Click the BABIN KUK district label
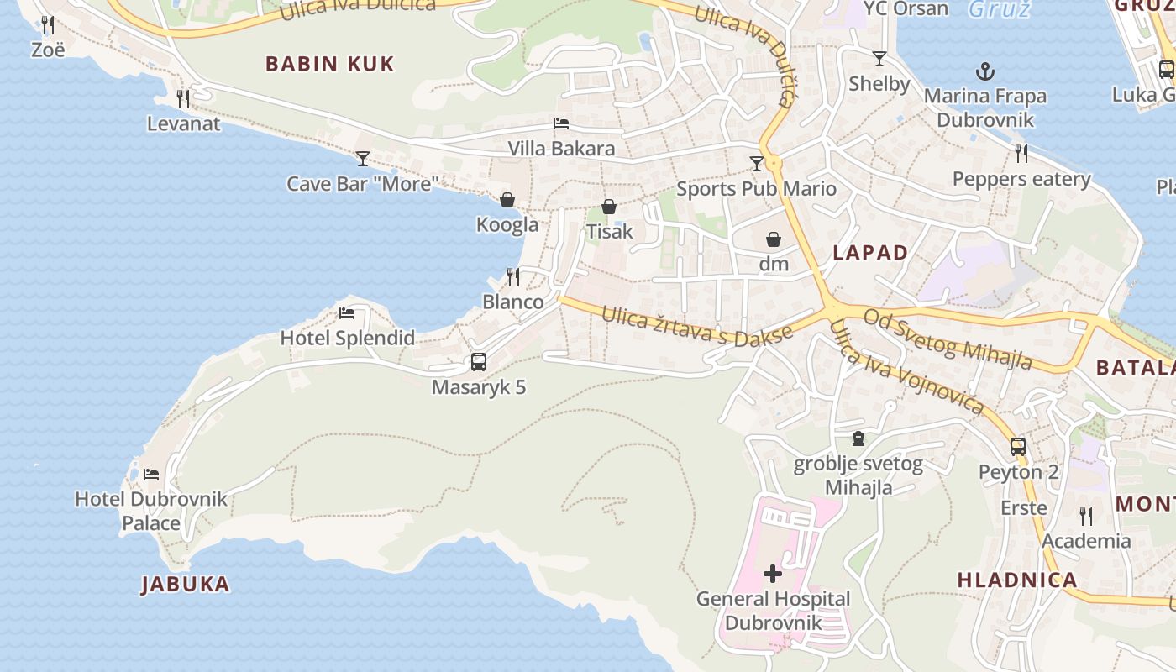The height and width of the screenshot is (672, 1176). (x=329, y=64)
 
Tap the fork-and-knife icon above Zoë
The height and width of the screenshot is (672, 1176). (x=48, y=25)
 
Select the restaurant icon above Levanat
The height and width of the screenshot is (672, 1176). (x=183, y=99)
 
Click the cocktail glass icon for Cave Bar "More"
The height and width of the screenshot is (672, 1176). (x=363, y=158)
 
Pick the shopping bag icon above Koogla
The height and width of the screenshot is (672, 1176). (x=507, y=200)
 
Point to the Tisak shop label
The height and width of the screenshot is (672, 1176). (x=609, y=231)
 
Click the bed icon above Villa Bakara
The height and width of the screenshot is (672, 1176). (x=561, y=123)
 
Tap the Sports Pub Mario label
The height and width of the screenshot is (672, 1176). (x=756, y=188)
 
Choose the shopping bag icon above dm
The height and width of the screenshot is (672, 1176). (x=774, y=239)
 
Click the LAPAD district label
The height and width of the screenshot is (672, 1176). (x=870, y=253)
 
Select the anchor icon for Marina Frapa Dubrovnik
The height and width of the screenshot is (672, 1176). (x=984, y=71)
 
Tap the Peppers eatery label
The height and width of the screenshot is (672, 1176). (x=1021, y=179)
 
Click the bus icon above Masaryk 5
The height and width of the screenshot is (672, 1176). (x=479, y=362)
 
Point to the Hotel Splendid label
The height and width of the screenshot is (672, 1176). (x=347, y=338)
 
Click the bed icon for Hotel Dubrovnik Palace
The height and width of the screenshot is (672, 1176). (x=151, y=475)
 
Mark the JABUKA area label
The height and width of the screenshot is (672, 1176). (x=185, y=585)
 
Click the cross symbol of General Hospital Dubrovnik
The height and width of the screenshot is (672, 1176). (x=773, y=574)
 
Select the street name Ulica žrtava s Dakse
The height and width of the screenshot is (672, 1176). (x=697, y=326)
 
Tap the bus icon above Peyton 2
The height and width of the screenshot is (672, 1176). (x=1018, y=446)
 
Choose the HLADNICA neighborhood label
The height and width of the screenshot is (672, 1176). (x=1017, y=580)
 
